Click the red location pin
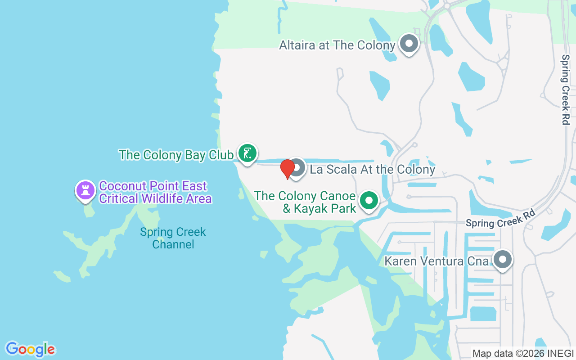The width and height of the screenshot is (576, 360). point(287,169)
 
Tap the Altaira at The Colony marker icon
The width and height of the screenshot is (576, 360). point(409,44)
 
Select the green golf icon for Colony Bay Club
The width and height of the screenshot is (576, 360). point(247,153)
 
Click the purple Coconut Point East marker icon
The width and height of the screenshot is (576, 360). point(85,190)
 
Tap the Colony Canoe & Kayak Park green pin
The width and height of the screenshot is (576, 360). point(369,201)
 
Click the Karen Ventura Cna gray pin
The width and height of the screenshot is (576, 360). point(502,260)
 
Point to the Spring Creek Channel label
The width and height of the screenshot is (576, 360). point(173,238)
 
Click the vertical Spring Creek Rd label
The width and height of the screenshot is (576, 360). point(565,90)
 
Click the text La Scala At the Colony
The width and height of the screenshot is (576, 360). point(372,169)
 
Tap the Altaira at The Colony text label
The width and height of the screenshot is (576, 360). point(337,45)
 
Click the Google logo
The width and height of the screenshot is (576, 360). point(31,349)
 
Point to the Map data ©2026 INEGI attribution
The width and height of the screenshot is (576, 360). point(522,353)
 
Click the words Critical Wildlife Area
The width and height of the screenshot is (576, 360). point(155,198)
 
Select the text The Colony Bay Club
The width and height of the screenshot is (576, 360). point(176,155)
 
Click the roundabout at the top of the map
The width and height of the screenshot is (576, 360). point(447,5)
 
